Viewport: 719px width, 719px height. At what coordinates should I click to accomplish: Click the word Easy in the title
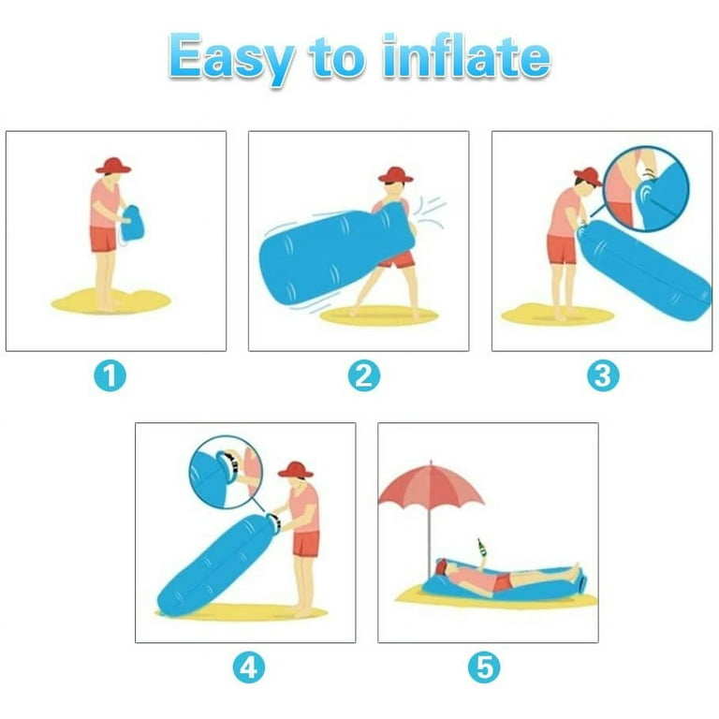pos(232,58)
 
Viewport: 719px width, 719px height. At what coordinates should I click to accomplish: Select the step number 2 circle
pos(363,376)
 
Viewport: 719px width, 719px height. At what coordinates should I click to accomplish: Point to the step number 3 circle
pos(603,376)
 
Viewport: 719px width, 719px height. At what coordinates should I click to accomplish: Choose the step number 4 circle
pos(248,668)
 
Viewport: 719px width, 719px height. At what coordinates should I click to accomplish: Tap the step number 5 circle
pos(486,668)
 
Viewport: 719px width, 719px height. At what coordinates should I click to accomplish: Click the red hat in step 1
pos(113,166)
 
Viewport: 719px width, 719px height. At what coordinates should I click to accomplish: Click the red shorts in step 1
pos(103,239)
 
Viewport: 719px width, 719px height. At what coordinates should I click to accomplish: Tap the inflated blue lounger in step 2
pos(318,255)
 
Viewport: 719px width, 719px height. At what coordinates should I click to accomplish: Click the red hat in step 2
pos(395,175)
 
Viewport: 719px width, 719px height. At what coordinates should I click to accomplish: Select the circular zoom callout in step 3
pos(646,186)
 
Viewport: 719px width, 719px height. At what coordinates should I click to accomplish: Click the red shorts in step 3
pos(562,249)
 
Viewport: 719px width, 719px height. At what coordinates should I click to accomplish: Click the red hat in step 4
pos(296,469)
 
